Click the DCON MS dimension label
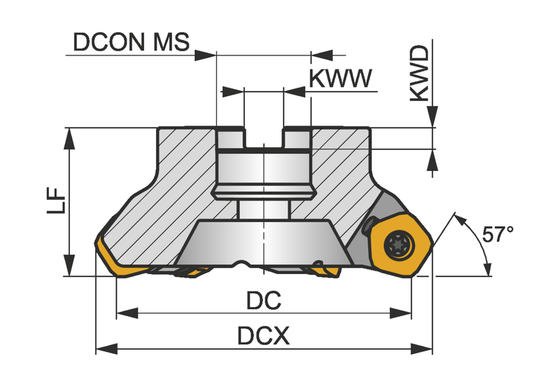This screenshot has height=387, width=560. (x=131, y=42)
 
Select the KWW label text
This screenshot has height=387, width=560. (x=340, y=79)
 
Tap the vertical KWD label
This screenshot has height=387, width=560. (x=419, y=73)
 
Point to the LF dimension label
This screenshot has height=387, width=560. (x=57, y=201)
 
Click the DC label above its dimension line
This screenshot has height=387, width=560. (x=264, y=301)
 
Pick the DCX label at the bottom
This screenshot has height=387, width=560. (x=264, y=337)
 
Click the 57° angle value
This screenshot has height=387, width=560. (x=498, y=234)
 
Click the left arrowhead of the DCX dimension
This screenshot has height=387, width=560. (x=107, y=348)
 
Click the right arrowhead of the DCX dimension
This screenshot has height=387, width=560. (x=421, y=348)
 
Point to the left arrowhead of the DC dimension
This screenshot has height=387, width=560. (x=127, y=313)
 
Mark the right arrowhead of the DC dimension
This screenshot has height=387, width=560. (x=400, y=313)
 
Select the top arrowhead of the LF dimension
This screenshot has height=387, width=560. (x=69, y=138)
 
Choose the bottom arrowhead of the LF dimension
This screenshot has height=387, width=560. (x=69, y=265)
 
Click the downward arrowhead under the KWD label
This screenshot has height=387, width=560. (x=433, y=116)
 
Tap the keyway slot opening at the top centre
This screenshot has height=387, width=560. (x=264, y=137)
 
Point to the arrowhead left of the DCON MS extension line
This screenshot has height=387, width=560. (x=206, y=55)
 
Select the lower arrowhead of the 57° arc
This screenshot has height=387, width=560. (x=487, y=269)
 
